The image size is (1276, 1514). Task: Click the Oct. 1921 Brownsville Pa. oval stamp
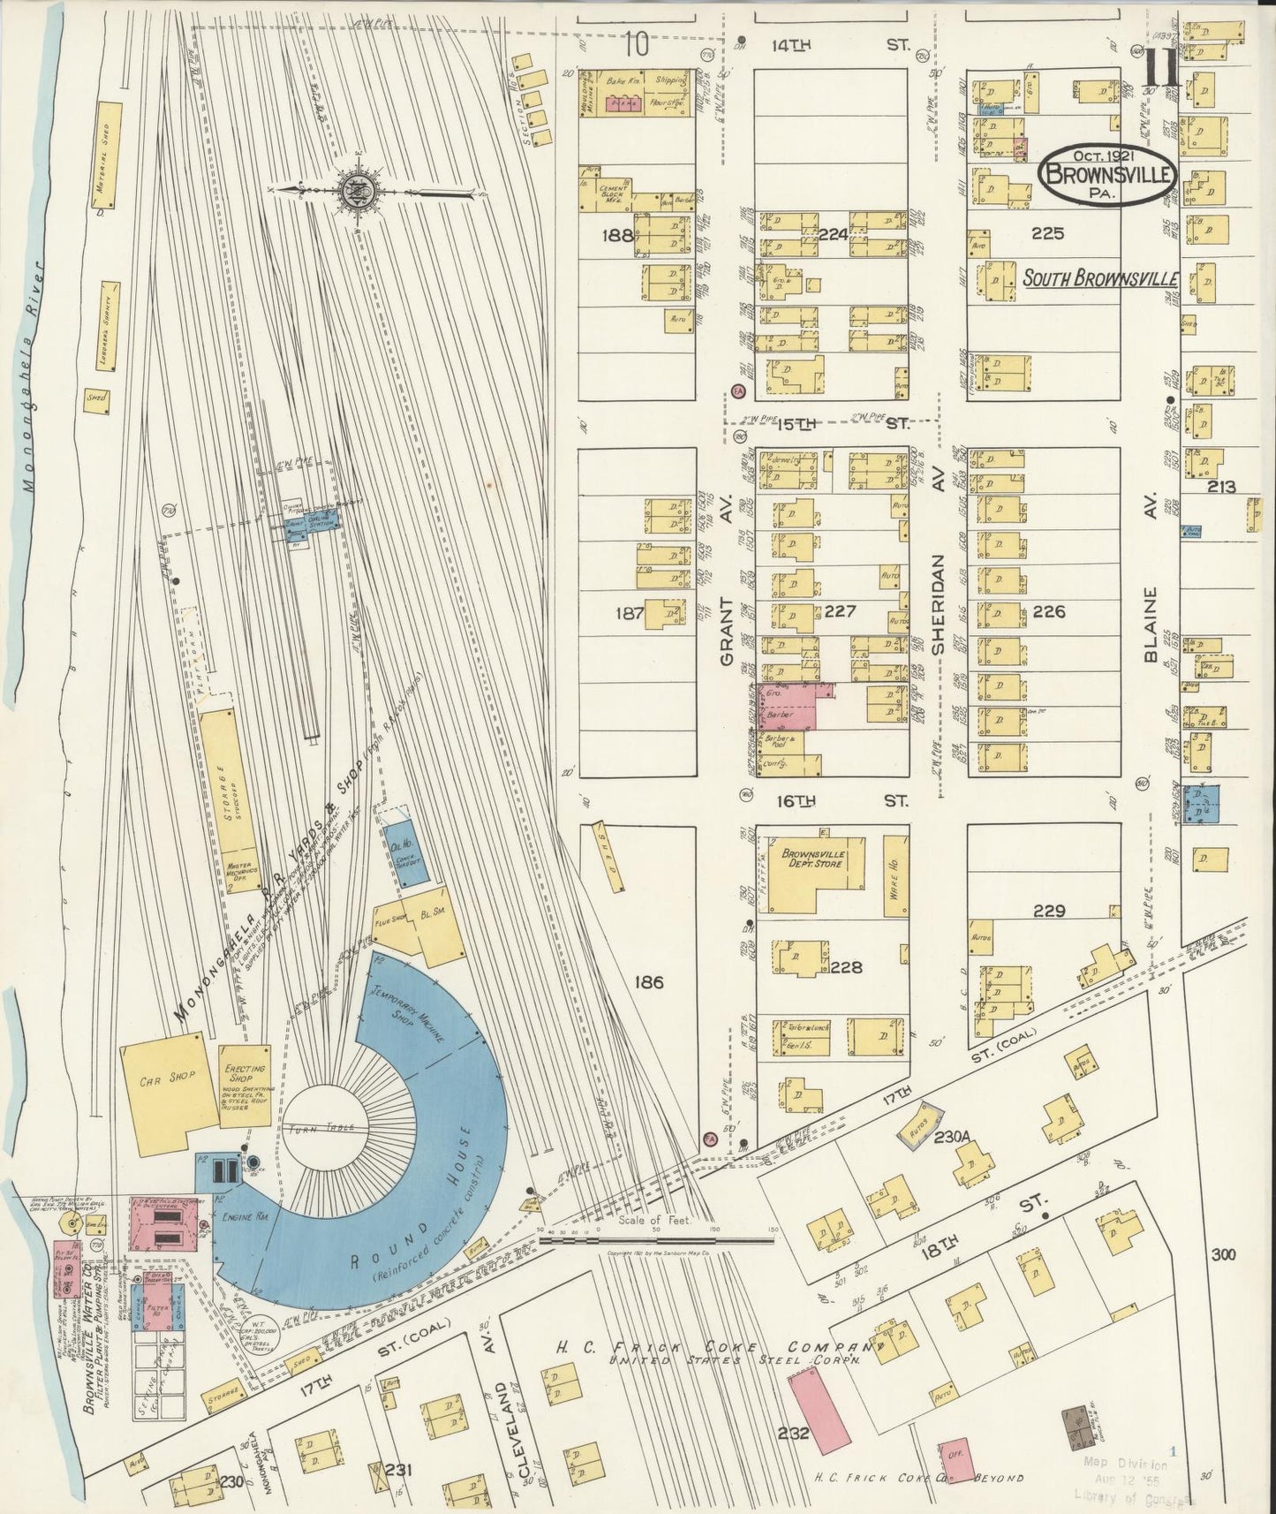[x=1109, y=173]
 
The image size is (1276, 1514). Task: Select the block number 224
[x=833, y=235]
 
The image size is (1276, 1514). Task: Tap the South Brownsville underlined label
[x=1100, y=279]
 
